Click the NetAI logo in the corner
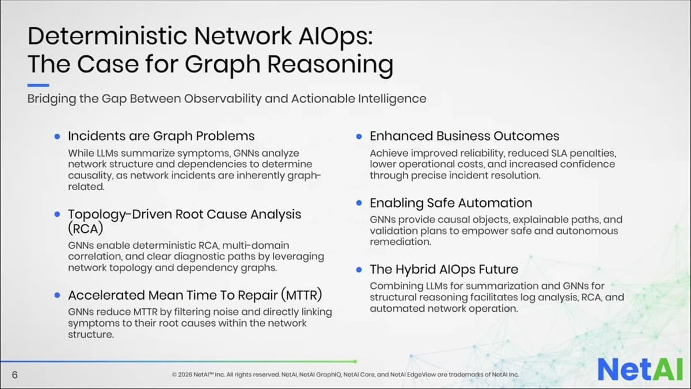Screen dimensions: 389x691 [639, 369]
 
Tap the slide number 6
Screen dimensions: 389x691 [14, 375]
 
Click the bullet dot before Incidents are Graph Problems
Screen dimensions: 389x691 [57, 137]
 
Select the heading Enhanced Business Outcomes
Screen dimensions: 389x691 [464, 136]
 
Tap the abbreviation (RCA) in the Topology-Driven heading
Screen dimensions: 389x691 [85, 228]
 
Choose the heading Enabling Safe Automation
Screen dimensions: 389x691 [450, 203]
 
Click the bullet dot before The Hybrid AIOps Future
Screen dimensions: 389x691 [359, 270]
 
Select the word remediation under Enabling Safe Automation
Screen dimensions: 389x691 [400, 241]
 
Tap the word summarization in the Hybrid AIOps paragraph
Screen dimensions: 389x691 [496, 286]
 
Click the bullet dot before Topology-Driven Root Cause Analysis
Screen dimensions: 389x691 [57, 214]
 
